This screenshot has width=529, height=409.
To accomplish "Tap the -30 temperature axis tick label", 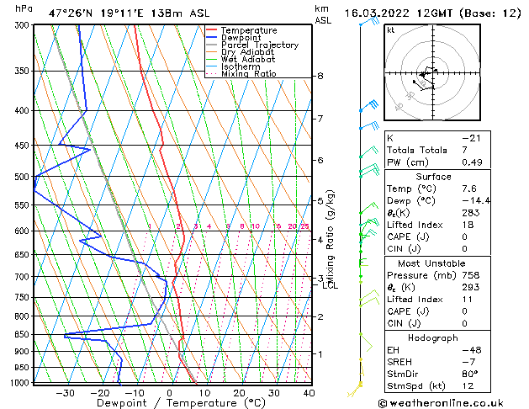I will click(63, 392).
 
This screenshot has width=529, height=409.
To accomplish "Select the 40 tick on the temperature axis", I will click(309, 392).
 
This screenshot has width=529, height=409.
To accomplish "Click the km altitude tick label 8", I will click(320, 77).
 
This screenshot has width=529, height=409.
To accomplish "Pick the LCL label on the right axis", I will click(330, 285).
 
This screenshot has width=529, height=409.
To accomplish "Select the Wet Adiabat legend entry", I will click(248, 59).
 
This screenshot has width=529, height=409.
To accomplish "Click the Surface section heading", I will click(434, 177).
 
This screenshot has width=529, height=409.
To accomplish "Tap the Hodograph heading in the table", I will click(434, 337).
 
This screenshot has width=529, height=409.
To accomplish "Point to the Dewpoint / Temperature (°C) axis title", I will click(169, 403).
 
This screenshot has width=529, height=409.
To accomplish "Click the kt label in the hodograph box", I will click(390, 30).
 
